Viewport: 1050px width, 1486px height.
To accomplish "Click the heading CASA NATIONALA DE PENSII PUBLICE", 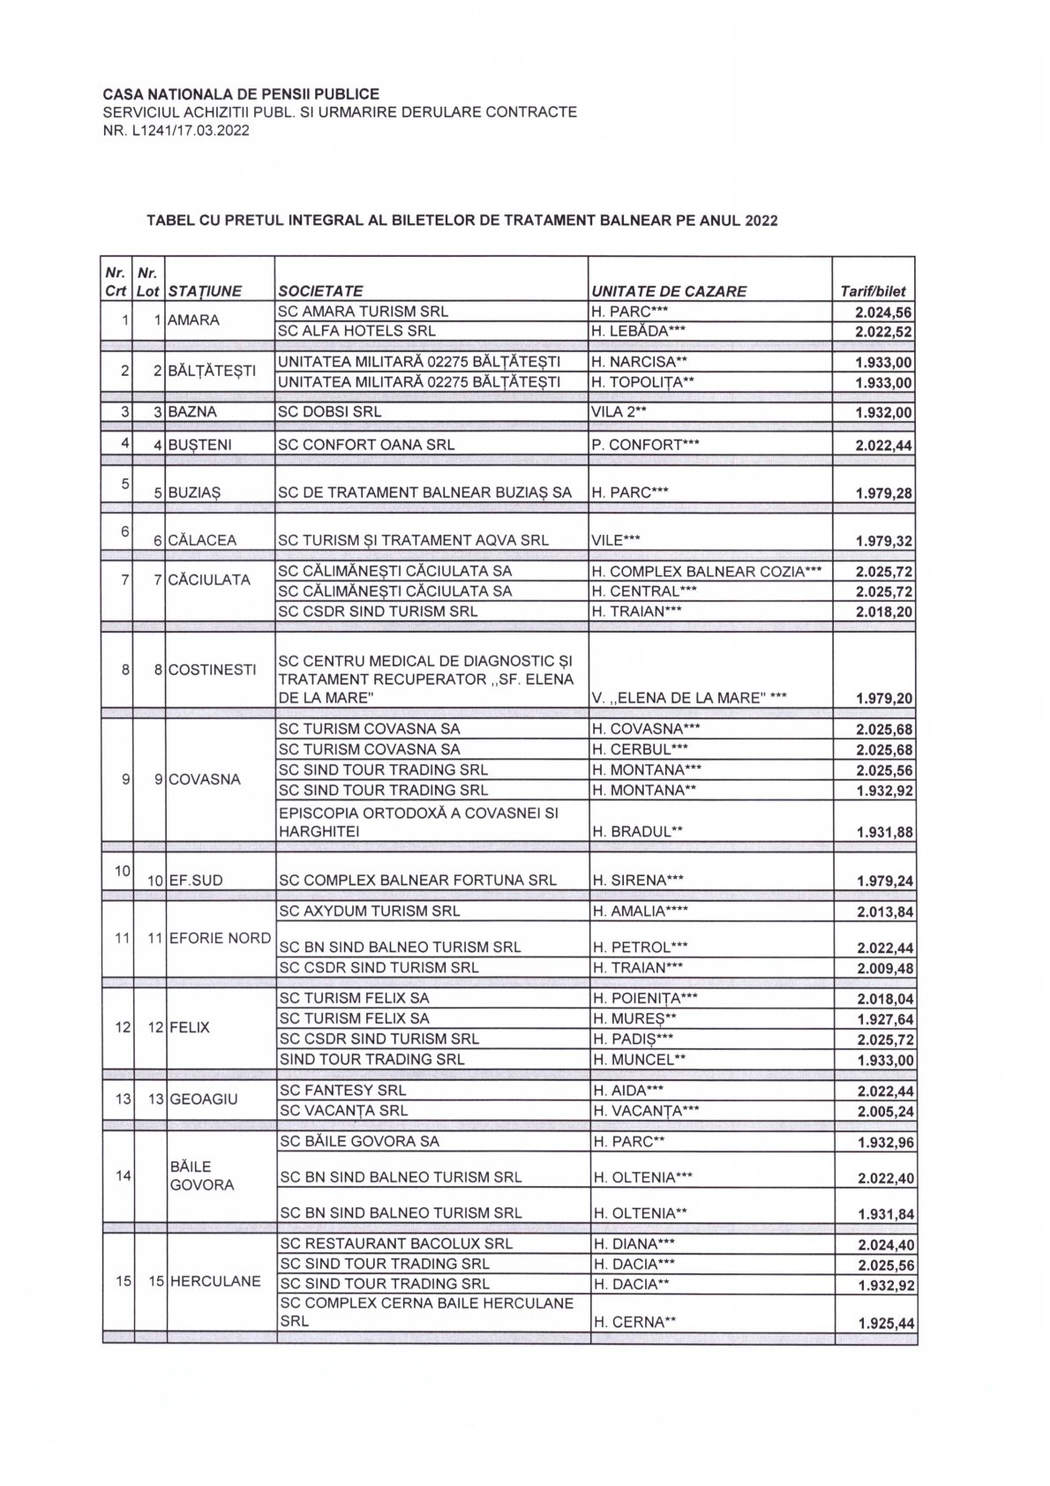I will (241, 94).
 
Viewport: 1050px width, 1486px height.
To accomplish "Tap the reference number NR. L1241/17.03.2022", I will (176, 131).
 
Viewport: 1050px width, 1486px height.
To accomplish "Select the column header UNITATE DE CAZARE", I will (669, 291).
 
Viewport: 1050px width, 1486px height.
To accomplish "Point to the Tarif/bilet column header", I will (873, 291).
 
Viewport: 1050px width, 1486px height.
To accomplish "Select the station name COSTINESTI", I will (213, 670).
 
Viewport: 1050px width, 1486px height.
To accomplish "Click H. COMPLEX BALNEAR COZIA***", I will (707, 572).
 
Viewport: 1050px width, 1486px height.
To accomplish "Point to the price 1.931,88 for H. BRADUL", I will (883, 832).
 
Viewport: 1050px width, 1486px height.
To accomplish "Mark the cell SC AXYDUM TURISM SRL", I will (369, 912).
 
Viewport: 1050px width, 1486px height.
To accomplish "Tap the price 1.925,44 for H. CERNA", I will (883, 1324).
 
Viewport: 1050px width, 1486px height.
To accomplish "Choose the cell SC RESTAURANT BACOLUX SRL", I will (395, 1244).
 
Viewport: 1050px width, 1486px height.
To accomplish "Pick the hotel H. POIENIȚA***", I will (645, 999).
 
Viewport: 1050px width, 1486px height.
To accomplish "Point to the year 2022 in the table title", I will (761, 221).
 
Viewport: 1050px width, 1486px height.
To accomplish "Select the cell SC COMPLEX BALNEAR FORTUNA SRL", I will (417, 881).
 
